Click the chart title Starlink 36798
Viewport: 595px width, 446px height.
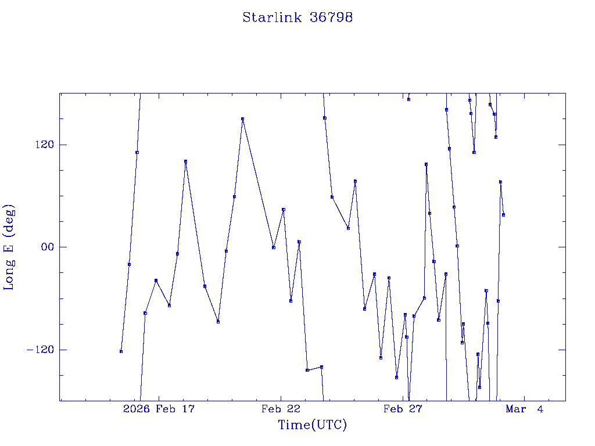[x=297, y=17]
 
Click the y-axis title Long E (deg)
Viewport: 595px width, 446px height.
[x=9, y=247]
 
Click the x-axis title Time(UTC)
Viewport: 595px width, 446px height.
[x=312, y=425]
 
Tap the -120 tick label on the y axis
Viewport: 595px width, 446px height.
[x=40, y=350]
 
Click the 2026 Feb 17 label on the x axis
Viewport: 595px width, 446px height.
[x=159, y=409]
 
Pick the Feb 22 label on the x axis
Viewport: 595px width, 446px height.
[x=281, y=409]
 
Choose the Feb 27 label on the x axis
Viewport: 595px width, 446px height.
[x=403, y=409]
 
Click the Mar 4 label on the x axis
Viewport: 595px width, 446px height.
[x=525, y=409]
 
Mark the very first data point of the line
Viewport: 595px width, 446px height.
[x=121, y=351]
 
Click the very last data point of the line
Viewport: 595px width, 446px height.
[x=503, y=215]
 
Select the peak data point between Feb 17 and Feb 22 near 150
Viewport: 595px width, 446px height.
[x=242, y=119]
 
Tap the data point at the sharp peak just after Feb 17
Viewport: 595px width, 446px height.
[x=185, y=161]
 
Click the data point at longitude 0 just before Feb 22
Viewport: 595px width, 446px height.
[x=273, y=247]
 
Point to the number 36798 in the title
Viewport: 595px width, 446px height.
[x=332, y=17]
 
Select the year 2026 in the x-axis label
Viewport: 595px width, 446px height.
[x=137, y=409]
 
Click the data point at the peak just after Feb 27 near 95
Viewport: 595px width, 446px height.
[x=426, y=164]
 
